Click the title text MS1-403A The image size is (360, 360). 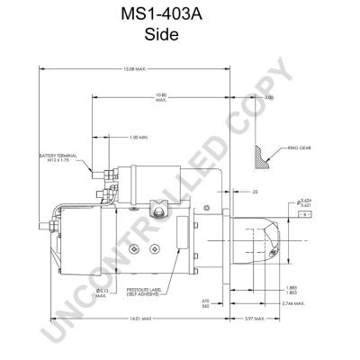click(x=180, y=15)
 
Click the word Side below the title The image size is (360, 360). click(x=180, y=36)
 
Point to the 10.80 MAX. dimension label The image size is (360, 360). click(x=162, y=97)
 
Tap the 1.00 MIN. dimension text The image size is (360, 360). click(x=139, y=137)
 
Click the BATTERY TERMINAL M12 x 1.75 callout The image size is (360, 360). click(x=55, y=158)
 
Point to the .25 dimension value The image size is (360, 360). click(x=256, y=192)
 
